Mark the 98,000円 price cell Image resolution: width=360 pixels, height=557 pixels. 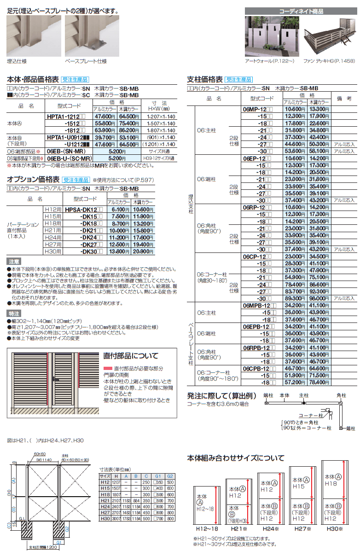(x=319, y=298)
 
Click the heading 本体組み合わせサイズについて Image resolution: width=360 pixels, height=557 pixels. (x=235, y=458)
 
